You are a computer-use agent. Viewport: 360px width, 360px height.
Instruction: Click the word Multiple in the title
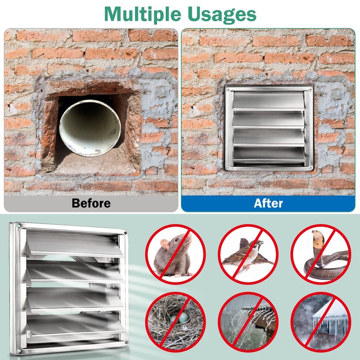pyautogui.click(x=143, y=14)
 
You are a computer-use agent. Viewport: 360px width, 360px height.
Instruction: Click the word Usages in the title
pyautogui.click(x=222, y=15)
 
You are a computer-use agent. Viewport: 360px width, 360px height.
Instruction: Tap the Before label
pyautogui.click(x=91, y=203)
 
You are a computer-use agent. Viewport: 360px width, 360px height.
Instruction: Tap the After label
pyautogui.click(x=268, y=203)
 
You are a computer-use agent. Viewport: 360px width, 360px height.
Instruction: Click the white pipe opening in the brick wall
pyautogui.click(x=90, y=128)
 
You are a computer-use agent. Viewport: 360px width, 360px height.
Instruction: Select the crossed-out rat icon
pyautogui.click(x=175, y=254)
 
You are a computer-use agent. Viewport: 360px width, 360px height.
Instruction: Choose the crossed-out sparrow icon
pyautogui.click(x=248, y=254)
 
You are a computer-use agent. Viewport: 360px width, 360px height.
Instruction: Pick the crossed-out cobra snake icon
pyautogui.click(x=321, y=254)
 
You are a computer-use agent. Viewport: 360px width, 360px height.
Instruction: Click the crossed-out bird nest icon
pyautogui.click(x=175, y=322)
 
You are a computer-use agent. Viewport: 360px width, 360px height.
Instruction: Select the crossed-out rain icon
pyautogui.click(x=248, y=322)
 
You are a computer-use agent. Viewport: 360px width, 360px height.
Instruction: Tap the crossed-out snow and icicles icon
pyautogui.click(x=321, y=322)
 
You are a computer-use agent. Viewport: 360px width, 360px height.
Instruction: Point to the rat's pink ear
pyautogui.click(x=165, y=244)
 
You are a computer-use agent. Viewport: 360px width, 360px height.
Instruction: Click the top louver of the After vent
pyautogui.click(x=269, y=101)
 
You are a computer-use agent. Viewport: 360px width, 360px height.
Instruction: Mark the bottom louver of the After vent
pyautogui.click(x=269, y=155)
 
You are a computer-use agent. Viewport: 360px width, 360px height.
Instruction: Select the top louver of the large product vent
pyautogui.click(x=75, y=244)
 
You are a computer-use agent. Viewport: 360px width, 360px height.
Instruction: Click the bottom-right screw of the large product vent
pyautogui.click(x=126, y=342)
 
